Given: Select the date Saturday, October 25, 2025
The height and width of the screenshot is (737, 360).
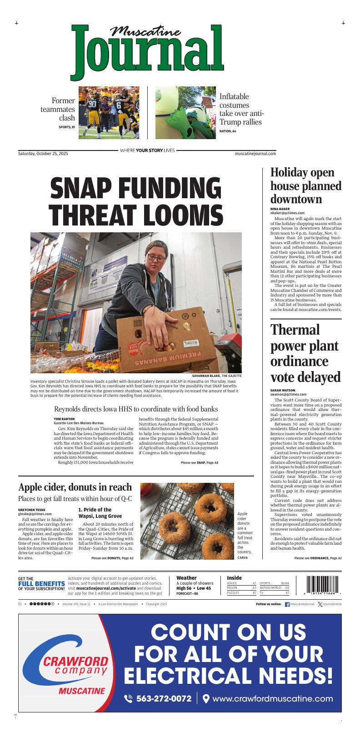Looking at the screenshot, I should pyautogui.click(x=43, y=154).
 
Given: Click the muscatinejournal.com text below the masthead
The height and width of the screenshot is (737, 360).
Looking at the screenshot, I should pyautogui.click(x=255, y=154).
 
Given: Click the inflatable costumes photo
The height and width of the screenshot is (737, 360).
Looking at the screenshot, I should pyautogui.click(x=185, y=112).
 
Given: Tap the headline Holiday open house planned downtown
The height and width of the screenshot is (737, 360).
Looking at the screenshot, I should pyautogui.click(x=305, y=186).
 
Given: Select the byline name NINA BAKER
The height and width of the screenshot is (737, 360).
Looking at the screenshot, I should pyautogui.click(x=280, y=209).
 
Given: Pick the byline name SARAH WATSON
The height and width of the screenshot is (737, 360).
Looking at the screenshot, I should pyautogui.click(x=283, y=390).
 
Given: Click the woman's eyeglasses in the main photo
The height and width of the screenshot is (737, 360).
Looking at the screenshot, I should pyautogui.click(x=156, y=258).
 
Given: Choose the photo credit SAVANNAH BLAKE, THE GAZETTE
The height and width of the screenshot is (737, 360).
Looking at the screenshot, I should pyautogui.click(x=217, y=376).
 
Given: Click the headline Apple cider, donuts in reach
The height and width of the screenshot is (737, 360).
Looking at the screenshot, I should pyautogui.click(x=75, y=487).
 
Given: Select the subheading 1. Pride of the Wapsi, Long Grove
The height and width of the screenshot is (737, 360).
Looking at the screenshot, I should pyautogui.click(x=95, y=513).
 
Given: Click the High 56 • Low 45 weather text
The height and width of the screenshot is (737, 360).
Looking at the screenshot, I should pyautogui.click(x=194, y=588).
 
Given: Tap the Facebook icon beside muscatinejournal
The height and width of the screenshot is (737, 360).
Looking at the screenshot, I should pyautogui.click(x=287, y=604).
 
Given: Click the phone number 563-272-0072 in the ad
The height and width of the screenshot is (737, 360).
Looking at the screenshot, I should pyautogui.click(x=164, y=699).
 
